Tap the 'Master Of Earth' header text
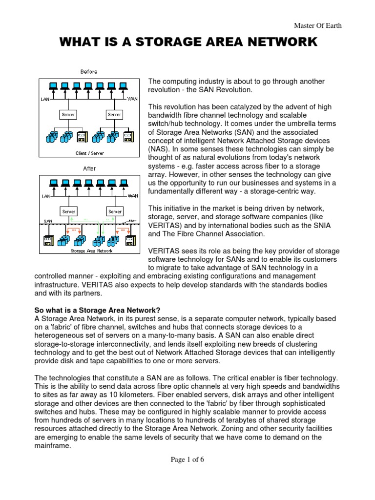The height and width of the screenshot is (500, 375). pyautogui.click(x=318, y=26)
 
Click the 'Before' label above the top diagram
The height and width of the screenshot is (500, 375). pyautogui.click(x=88, y=72)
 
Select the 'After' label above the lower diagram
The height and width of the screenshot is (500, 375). pyautogui.click(x=88, y=168)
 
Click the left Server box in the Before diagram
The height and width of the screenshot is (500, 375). pyautogui.click(x=68, y=115)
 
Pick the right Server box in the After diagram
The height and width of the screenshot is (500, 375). pyautogui.click(x=115, y=211)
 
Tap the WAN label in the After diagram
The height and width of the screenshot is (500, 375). pyautogui.click(x=132, y=196)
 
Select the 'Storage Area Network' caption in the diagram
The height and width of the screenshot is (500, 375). pyautogui.click(x=91, y=250)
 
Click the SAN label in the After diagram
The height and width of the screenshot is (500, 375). pyautogui.click(x=48, y=221)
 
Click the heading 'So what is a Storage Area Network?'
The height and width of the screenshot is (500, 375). pyautogui.click(x=97, y=310)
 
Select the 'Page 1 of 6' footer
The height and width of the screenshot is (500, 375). pyautogui.click(x=187, y=459)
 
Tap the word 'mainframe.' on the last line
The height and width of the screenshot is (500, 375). pyautogui.click(x=53, y=446)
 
